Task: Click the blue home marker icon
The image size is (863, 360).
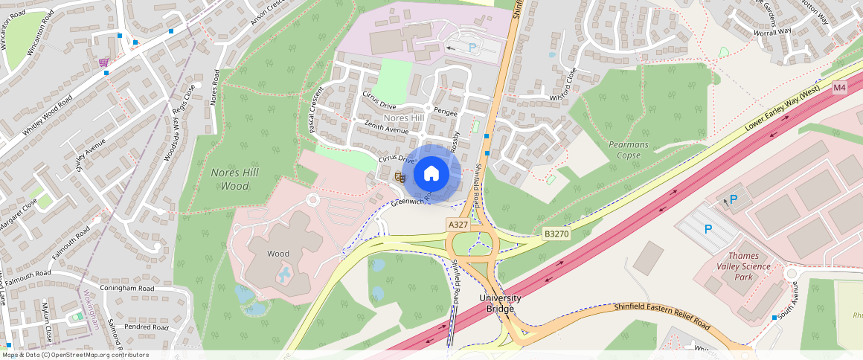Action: coord(431,174)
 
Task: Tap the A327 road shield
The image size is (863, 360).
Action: coord(457,223)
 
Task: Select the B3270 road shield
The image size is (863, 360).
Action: coord(556,234)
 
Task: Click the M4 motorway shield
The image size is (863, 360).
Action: coord(839,88)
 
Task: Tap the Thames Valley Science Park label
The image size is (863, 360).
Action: coord(739,266)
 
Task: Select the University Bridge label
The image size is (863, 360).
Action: coord(500,303)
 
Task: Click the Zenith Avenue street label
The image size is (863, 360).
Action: coord(386,126)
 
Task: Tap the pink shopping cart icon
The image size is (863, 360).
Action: coord(103,62)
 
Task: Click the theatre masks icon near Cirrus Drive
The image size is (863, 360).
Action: coord(400,176)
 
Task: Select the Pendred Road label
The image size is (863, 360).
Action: coord(146,327)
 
